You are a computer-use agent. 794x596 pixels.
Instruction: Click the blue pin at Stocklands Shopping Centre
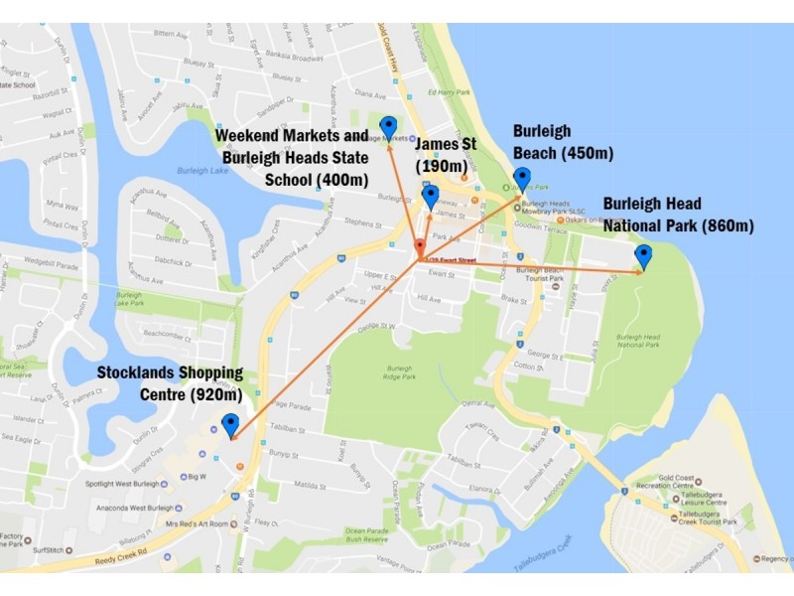click(x=231, y=425)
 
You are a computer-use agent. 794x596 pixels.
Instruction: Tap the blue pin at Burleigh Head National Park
click(x=643, y=256)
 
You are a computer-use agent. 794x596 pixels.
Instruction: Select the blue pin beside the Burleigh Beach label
click(x=521, y=179)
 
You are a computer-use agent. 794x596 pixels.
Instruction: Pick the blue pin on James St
click(x=430, y=196)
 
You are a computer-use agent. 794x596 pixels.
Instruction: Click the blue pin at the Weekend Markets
click(x=389, y=127)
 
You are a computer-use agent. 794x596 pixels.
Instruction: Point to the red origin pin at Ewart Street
click(x=420, y=247)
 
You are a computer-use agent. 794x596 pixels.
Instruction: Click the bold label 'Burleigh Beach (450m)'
click(x=563, y=142)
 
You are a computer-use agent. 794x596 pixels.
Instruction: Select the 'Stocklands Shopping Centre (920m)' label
click(x=169, y=383)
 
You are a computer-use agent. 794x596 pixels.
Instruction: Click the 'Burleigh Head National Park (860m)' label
click(x=678, y=214)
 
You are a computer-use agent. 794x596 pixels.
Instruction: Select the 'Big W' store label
click(x=197, y=476)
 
